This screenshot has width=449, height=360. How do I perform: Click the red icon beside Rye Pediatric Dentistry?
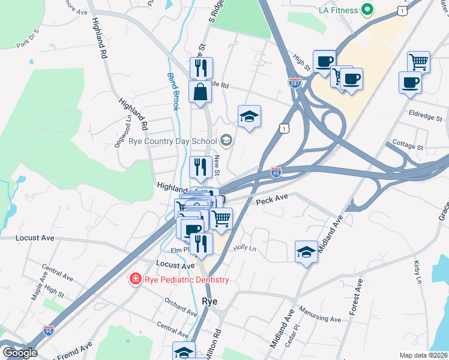tap(136, 280)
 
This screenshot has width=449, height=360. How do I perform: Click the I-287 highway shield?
tap(295, 82)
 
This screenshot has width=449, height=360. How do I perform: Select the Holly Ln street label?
tap(244, 247)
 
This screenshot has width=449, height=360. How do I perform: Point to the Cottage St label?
tap(408, 146)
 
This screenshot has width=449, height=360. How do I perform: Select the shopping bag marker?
tap(200, 92)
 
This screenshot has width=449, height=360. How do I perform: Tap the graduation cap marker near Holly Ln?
tap(306, 251)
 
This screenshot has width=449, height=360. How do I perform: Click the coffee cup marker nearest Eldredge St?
tap(411, 83)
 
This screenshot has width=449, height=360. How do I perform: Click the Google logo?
tap(19, 352)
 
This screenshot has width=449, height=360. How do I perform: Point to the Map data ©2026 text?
tap(424, 355)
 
